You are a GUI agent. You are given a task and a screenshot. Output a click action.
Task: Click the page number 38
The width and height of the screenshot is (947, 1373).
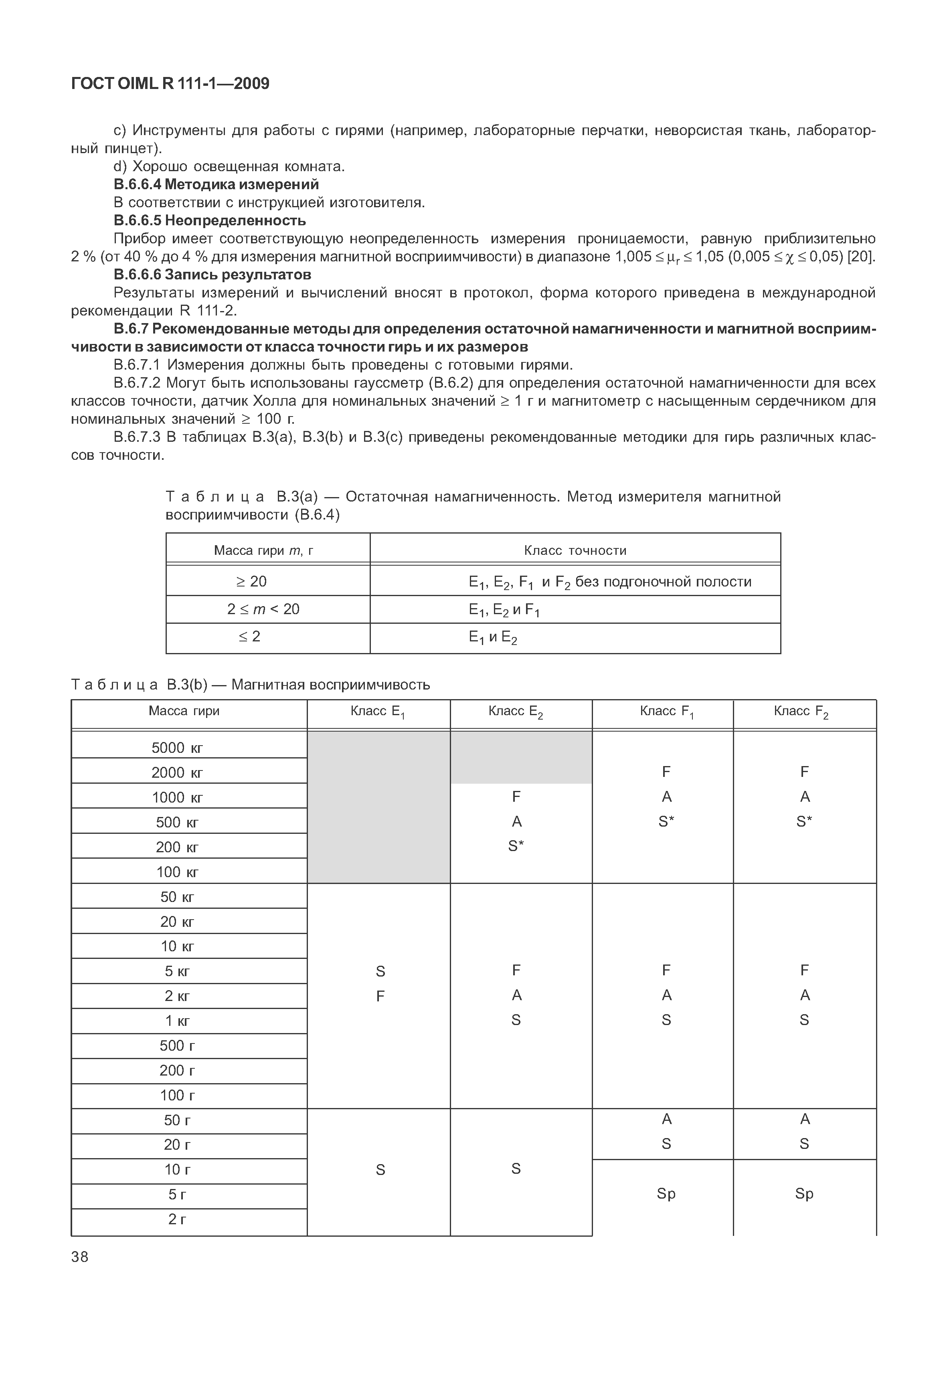click(79, 1257)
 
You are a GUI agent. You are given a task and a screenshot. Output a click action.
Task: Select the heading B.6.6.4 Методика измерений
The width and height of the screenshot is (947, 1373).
click(216, 184)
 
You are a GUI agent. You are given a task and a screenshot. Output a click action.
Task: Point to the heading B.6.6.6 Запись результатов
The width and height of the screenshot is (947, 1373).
click(212, 275)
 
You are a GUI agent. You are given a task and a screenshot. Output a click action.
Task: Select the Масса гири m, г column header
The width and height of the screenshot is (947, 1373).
click(263, 551)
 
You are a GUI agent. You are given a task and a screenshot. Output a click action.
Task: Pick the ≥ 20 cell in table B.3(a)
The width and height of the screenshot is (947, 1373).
click(251, 582)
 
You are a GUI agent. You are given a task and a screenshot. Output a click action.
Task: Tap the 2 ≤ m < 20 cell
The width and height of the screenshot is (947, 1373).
click(263, 609)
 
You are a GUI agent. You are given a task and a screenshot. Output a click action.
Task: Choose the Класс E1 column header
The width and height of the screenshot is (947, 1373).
click(378, 712)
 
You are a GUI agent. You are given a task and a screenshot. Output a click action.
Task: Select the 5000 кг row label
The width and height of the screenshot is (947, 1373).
click(178, 748)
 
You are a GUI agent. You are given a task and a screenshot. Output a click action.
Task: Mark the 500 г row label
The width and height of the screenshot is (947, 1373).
click(178, 1045)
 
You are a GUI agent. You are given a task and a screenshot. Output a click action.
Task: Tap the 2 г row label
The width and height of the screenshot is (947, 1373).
click(178, 1219)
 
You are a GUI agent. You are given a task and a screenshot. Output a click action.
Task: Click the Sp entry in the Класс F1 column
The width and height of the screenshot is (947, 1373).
click(666, 1194)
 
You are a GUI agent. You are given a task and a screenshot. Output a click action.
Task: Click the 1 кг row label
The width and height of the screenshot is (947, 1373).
click(178, 1021)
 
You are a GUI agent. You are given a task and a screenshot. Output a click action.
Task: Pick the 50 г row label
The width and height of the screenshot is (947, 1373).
click(178, 1120)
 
